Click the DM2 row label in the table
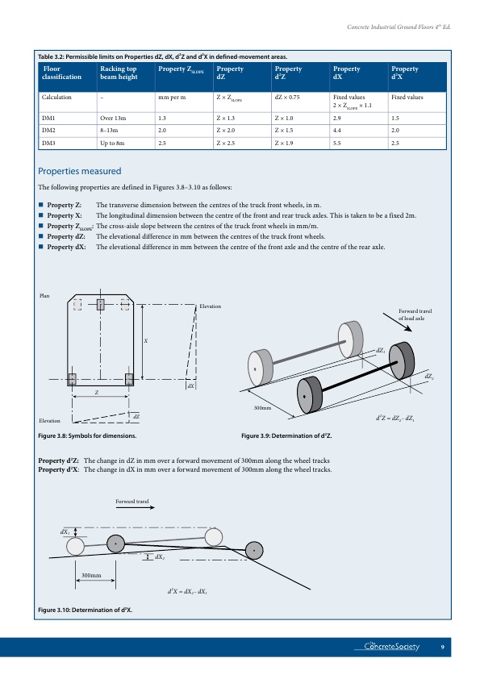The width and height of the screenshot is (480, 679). coord(48,131)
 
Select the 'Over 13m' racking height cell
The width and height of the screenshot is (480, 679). coord(113,119)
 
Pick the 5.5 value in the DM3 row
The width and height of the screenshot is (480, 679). coord(337,143)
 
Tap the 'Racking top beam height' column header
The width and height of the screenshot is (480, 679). coord(119,73)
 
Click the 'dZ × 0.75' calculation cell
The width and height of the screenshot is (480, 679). coord(287,97)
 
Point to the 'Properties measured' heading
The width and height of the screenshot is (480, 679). coord(80,171)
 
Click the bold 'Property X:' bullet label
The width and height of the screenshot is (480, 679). coord(65,215)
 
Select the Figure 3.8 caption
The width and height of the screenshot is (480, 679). coord(87,435)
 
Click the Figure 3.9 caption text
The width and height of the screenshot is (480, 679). coord(286,435)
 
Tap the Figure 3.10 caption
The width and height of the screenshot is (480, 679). coord(86,610)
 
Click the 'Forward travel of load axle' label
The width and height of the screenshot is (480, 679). coord(415,315)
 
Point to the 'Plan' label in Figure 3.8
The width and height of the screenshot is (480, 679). coord(44,296)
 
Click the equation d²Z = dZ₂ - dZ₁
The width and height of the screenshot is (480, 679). coord(395,419)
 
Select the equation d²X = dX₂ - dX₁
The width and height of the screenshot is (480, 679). coord(187,591)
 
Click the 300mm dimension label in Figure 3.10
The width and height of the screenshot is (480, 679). coord(91,576)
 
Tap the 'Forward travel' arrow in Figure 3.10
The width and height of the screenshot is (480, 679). coord(136,507)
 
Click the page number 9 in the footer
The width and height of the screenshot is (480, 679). coord(442,647)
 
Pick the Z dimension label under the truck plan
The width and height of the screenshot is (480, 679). coord(97,393)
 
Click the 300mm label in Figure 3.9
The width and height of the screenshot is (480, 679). coord(262,408)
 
